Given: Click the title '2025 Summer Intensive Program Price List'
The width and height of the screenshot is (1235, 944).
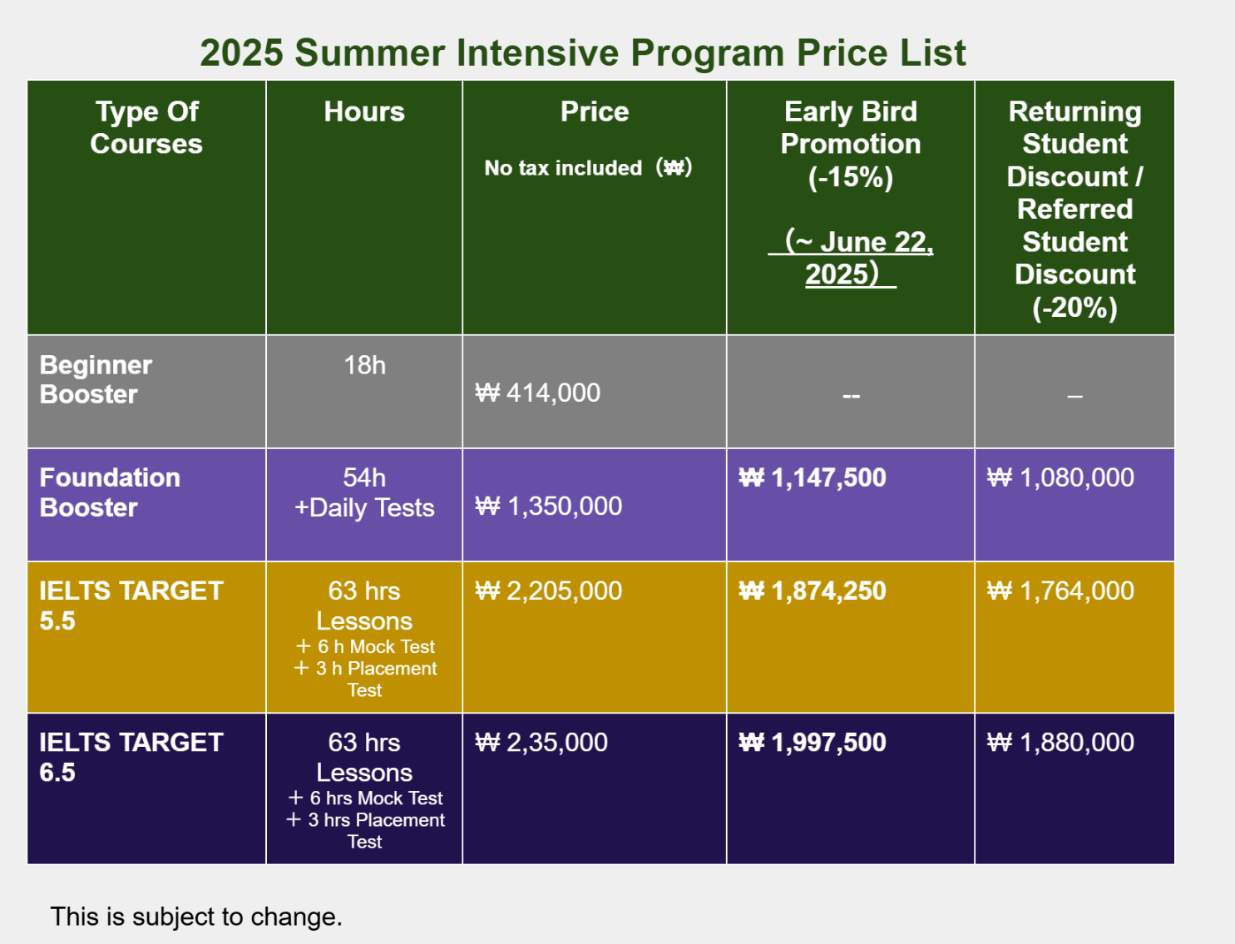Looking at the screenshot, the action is tap(583, 53).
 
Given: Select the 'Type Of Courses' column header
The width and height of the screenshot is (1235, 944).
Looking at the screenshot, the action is tap(146, 128).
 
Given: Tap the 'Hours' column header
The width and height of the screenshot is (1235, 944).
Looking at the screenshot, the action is tap(364, 111).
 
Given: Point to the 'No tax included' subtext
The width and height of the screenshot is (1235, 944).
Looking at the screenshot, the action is tap(563, 168).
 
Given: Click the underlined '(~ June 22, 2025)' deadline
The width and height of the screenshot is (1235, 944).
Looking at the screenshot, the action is tap(851, 258).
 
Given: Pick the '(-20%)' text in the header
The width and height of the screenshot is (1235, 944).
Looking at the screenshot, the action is tap(1074, 307).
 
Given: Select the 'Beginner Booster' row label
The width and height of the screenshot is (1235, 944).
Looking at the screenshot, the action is tap(96, 379).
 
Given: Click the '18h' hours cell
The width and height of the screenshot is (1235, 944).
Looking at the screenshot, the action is tap(364, 365).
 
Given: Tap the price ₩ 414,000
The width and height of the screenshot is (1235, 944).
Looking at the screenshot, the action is tap(538, 393).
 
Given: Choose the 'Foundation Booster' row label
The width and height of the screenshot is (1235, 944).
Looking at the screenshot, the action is tap(110, 492).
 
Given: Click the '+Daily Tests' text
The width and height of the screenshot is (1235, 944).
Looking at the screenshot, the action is tap(364, 507).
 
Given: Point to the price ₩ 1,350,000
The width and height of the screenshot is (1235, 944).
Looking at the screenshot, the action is tap(549, 506).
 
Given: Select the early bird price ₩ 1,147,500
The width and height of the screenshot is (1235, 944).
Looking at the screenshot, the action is tap(813, 477).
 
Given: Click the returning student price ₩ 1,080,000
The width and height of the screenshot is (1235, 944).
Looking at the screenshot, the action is tap(1060, 477).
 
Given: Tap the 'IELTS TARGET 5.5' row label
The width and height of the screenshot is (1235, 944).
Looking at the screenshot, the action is tap(131, 605).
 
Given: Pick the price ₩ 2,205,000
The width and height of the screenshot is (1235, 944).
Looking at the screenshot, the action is tap(549, 591).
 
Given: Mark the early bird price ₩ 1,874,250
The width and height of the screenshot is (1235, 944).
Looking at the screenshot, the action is tap(813, 591).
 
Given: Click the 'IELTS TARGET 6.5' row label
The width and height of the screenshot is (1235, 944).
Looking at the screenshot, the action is tap(131, 757).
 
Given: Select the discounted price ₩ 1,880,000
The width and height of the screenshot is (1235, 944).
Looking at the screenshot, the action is tap(1060, 742).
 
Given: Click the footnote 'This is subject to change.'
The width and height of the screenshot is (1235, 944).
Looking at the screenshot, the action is tap(196, 917).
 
